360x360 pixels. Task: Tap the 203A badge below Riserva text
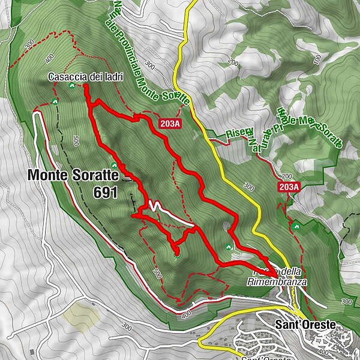[290, 187]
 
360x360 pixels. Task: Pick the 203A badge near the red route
[170, 124]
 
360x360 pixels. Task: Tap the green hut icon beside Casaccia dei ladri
[71, 86]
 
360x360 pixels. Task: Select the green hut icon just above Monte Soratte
[113, 166]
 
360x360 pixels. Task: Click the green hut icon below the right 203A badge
[296, 226]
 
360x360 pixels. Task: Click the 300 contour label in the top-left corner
[29, 44]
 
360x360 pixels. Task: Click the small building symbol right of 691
[127, 178]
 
